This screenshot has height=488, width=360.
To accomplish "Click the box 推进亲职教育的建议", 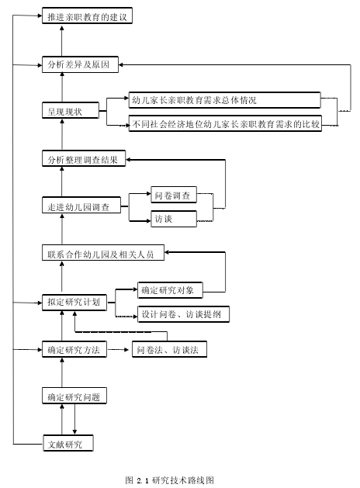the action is (87, 16).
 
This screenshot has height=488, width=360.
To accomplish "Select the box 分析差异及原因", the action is (80, 64).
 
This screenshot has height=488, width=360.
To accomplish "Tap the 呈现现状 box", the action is (71, 110).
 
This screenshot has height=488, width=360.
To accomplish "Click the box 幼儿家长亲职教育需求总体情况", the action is (225, 100).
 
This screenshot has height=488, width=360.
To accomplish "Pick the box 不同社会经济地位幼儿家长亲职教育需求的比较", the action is (225, 123).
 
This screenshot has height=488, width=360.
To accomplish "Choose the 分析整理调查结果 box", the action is (84, 159).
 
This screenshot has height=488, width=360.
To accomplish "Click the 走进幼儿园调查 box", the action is (81, 205).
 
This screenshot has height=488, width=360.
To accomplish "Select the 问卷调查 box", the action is (174, 195).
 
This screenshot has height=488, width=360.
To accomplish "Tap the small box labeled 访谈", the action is (174, 219).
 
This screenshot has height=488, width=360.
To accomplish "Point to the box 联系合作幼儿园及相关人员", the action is (103, 253).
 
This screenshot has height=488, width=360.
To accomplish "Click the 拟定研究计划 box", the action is (74, 303).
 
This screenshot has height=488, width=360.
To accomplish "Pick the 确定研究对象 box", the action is (170, 290).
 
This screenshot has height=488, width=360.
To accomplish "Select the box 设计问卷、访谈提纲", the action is (184, 314).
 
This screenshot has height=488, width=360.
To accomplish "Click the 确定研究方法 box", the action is (74, 349).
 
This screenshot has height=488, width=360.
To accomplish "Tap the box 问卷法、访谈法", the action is (170, 349).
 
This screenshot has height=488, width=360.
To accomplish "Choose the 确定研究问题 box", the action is (74, 396).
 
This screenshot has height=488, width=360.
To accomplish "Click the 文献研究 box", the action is (68, 443).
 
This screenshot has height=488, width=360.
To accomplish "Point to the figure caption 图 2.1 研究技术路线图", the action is (170, 480).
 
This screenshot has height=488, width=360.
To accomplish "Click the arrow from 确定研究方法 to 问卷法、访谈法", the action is (118, 349).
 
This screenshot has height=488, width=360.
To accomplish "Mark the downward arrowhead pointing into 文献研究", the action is (74, 432).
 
